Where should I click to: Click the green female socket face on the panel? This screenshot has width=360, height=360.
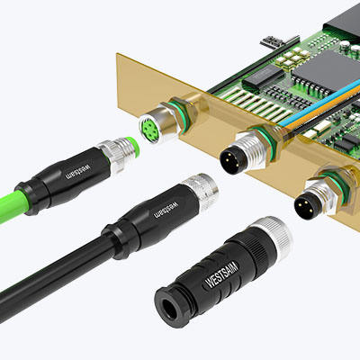pos(149,130)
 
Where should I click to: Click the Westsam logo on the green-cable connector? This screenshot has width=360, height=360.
pos(78,171)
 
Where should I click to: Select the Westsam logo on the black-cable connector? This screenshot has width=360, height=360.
pos(166,210)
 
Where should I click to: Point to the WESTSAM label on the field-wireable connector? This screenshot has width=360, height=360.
pos(221,274)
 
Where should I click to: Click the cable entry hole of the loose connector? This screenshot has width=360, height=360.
pos(167,309)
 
